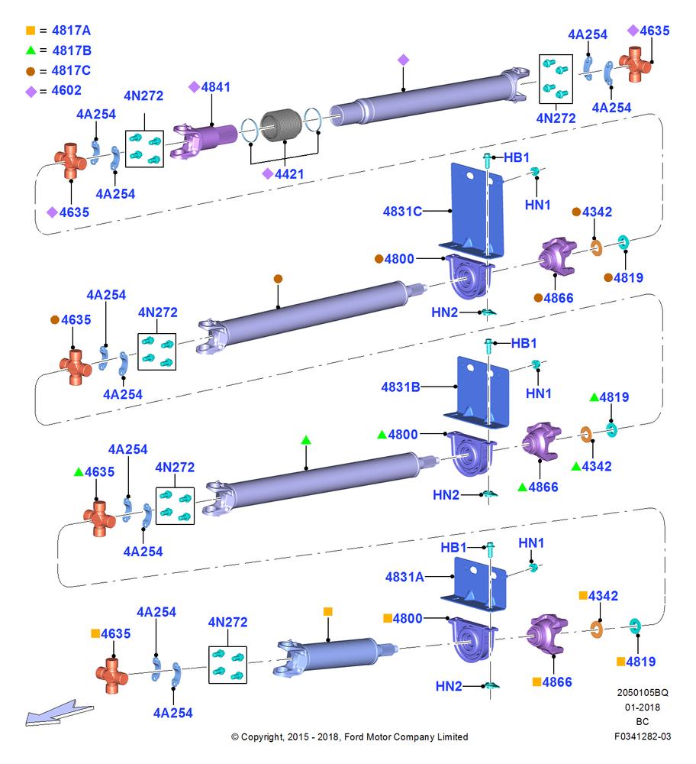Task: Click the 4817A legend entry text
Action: pyautogui.click(x=71, y=31)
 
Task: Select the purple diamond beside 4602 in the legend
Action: pyautogui.click(x=31, y=92)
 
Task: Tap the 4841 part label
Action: pyautogui.click(x=216, y=87)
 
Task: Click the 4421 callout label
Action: pyautogui.click(x=289, y=174)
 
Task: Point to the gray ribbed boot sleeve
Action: pyautogui.click(x=282, y=125)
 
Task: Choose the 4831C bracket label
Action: pyautogui.click(x=402, y=212)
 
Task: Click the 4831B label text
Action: pyautogui.click(x=401, y=387)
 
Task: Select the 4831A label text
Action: pyautogui.click(x=404, y=577)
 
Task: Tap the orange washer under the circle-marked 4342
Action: pyautogui.click(x=596, y=248)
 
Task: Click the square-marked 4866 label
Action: pyautogui.click(x=557, y=681)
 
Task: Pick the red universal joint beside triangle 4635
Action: pyautogui.click(x=99, y=519)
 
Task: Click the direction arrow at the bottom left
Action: pyautogui.click(x=60, y=713)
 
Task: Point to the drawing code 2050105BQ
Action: pyautogui.click(x=643, y=692)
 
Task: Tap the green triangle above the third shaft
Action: pyautogui.click(x=306, y=440)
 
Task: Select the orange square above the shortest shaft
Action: pyautogui.click(x=328, y=611)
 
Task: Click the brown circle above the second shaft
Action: pyautogui.click(x=278, y=279)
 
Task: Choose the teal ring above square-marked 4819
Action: pyautogui.click(x=635, y=626)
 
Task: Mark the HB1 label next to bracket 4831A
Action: pyautogui.click(x=453, y=547)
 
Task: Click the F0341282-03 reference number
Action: pyautogui.click(x=643, y=736)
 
